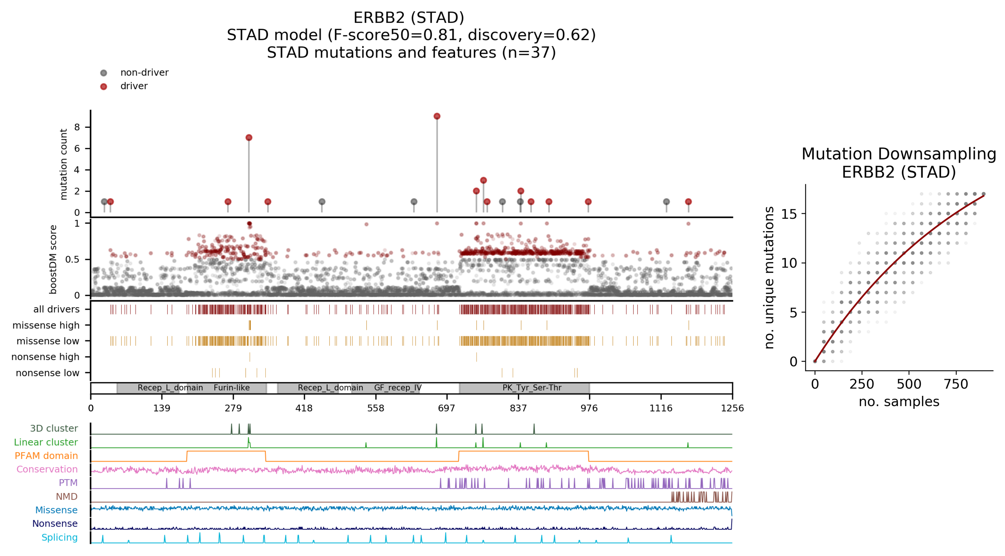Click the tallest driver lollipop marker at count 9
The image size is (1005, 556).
pos(437,116)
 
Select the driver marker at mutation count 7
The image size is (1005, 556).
pos(249,137)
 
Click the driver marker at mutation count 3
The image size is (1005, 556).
pos(483,180)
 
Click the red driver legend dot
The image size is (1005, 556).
pos(103,86)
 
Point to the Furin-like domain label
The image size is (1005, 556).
pos(232,388)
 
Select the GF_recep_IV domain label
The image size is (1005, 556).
pos(398,388)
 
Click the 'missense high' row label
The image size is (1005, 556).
pos(46,325)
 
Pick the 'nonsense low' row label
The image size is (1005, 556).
pos(47,373)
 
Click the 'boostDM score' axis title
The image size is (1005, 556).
pos(53,259)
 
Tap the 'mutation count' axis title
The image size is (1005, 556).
pos(63,164)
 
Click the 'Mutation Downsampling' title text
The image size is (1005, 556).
pos(898,154)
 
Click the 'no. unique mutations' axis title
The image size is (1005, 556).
pos(769,277)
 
